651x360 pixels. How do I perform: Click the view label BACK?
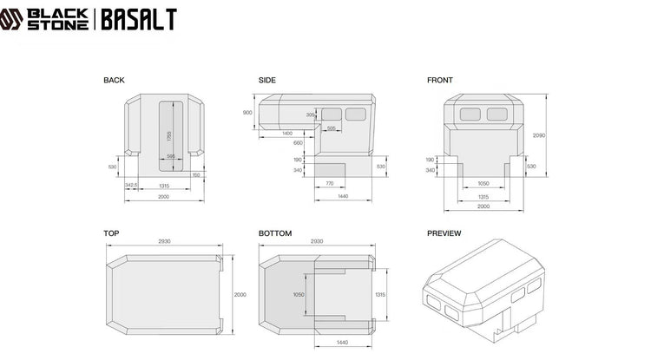pos(114,81)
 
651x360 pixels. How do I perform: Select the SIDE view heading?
pos(267,81)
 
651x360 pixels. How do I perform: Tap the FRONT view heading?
pos(440,81)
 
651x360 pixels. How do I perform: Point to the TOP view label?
pos(111,233)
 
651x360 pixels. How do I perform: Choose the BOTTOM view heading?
pos(275,233)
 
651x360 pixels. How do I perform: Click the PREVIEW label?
pos(444,233)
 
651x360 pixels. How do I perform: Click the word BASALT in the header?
pos(139,19)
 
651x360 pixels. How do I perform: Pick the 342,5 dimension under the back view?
pos(132,186)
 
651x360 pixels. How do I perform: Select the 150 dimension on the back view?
pos(196,175)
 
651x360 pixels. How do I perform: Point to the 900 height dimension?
pos(247,113)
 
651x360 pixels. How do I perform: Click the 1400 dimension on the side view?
pos(286,134)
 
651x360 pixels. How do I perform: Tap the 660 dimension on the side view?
pos(298,142)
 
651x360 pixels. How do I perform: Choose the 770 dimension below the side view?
pos(329,185)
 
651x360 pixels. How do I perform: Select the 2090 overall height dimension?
pos(539,134)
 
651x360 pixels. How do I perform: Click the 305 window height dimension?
pos(311,115)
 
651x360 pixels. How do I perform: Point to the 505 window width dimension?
pos(331,128)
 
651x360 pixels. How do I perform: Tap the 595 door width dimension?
pos(171,156)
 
